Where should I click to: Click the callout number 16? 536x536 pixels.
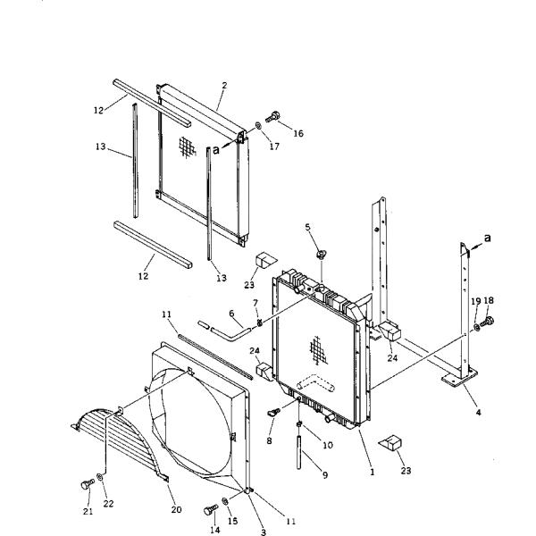(298, 133)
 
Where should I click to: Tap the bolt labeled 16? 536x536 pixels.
(272, 117)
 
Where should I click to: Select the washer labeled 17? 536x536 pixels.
(259, 126)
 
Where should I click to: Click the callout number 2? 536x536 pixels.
(224, 85)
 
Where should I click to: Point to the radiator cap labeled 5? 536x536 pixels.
(321, 254)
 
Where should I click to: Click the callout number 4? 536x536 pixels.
(478, 412)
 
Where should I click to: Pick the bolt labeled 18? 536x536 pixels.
(487, 322)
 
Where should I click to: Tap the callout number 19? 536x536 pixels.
(476, 301)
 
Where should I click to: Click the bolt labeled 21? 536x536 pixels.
(88, 484)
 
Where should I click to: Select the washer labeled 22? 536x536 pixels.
(100, 477)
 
